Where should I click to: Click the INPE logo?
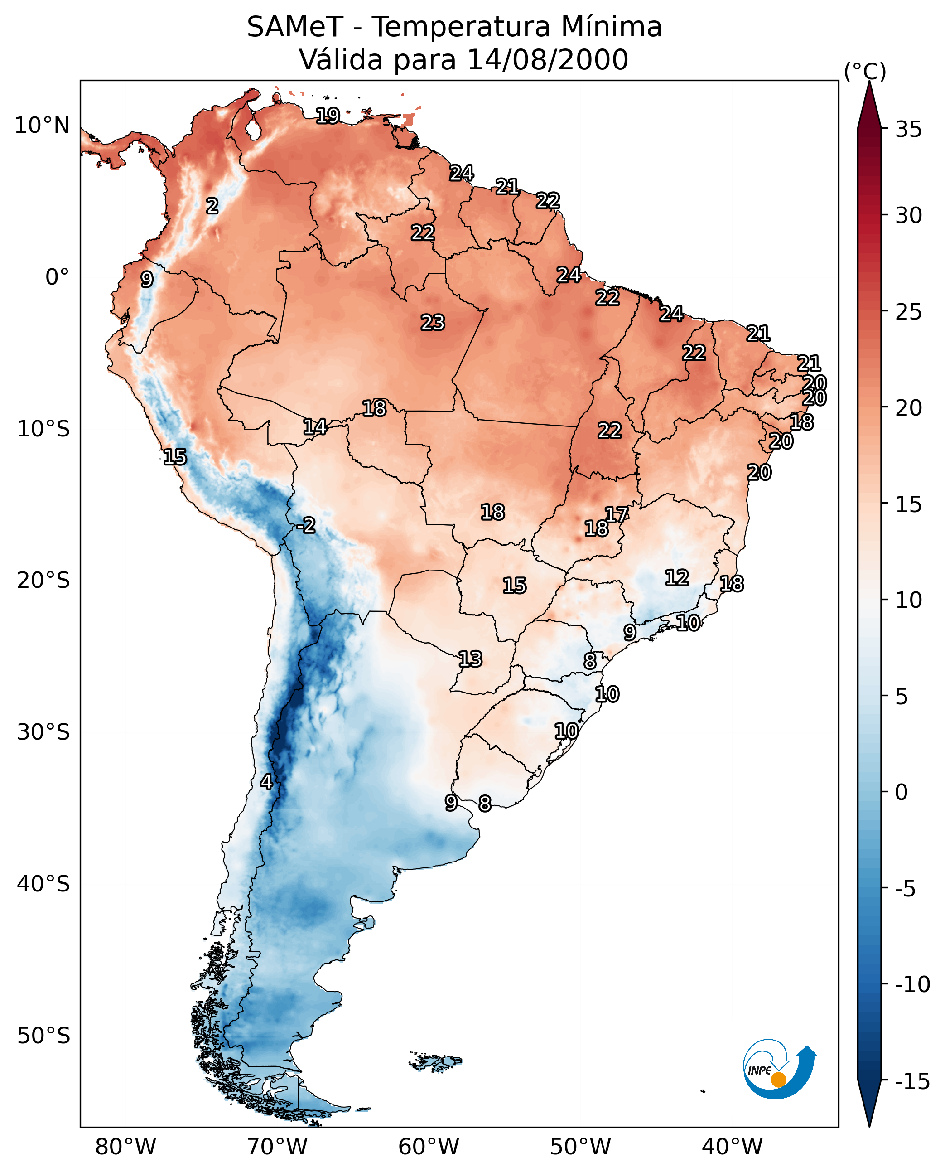(x=779, y=1069)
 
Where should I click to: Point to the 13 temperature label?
(x=470, y=659)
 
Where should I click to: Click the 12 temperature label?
(x=677, y=577)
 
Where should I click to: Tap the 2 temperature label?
(x=212, y=206)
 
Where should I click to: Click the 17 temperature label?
(x=617, y=514)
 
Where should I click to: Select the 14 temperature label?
(x=315, y=427)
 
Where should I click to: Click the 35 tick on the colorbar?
(x=908, y=130)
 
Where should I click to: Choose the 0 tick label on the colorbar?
(x=902, y=792)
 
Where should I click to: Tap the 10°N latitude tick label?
(x=42, y=126)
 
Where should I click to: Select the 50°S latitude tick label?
(x=43, y=1035)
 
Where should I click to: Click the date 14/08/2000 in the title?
(x=548, y=59)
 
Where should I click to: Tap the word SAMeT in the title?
(x=294, y=27)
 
